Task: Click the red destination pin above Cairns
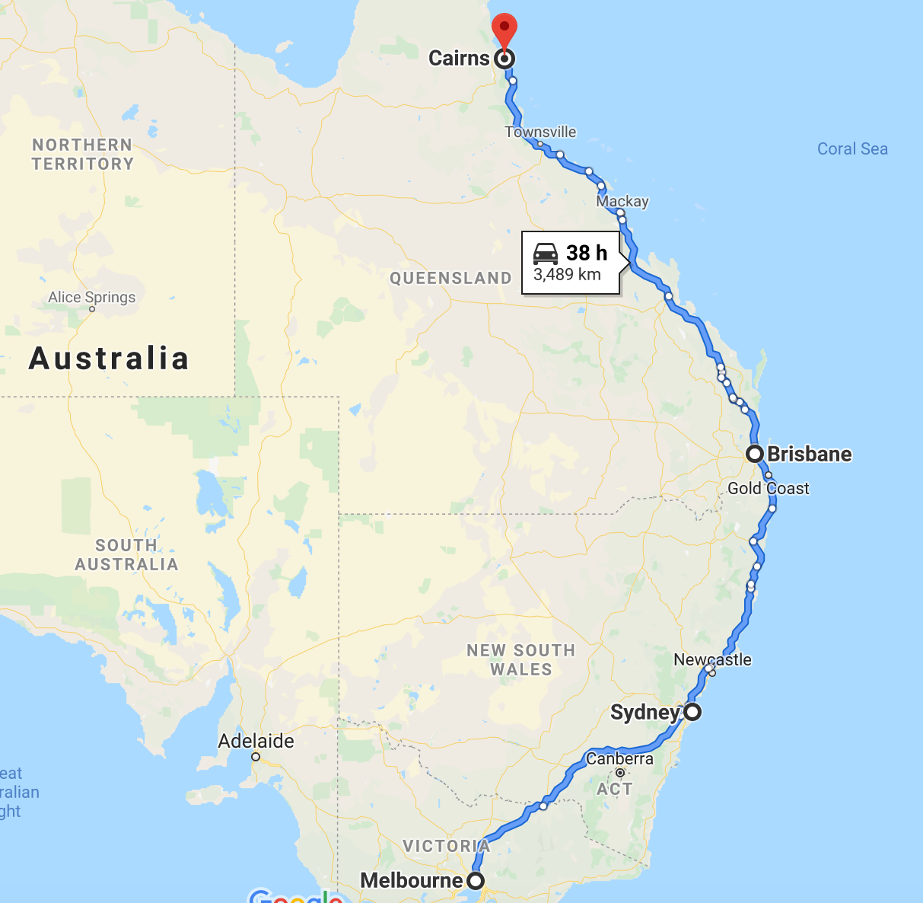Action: pyautogui.click(x=504, y=30)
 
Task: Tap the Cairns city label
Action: pyautogui.click(x=459, y=59)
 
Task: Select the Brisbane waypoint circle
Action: pyautogui.click(x=754, y=454)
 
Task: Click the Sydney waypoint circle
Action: pyautogui.click(x=692, y=713)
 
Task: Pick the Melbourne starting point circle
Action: pyautogui.click(x=475, y=881)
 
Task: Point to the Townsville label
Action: pyautogui.click(x=540, y=132)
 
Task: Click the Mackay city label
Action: pyautogui.click(x=622, y=201)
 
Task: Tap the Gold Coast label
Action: pyautogui.click(x=768, y=488)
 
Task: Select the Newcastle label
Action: pyautogui.click(x=712, y=659)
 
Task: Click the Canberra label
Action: pyautogui.click(x=619, y=758)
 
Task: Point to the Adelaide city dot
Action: pyautogui.click(x=256, y=757)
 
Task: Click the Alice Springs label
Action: pyautogui.click(x=91, y=297)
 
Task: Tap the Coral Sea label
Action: pyautogui.click(x=852, y=148)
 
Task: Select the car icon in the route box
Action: pyautogui.click(x=546, y=254)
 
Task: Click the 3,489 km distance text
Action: pyautogui.click(x=567, y=275)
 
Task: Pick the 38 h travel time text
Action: pyautogui.click(x=587, y=252)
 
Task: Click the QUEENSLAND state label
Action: pyautogui.click(x=450, y=278)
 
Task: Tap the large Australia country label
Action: pyautogui.click(x=109, y=358)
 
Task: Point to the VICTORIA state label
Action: pyautogui.click(x=446, y=846)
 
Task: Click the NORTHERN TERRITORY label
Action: pyautogui.click(x=82, y=154)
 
